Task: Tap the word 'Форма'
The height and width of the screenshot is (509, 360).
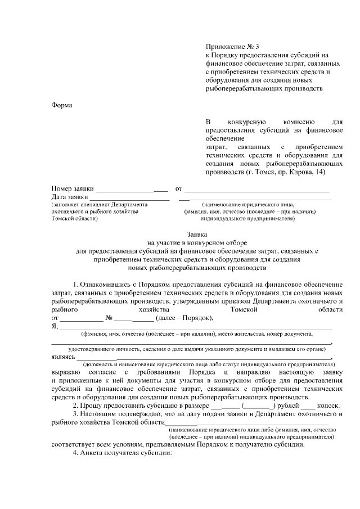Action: coord(62,105)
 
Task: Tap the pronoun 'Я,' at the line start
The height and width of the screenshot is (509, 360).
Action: coord(55,326)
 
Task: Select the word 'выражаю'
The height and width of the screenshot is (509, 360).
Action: coord(65,373)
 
